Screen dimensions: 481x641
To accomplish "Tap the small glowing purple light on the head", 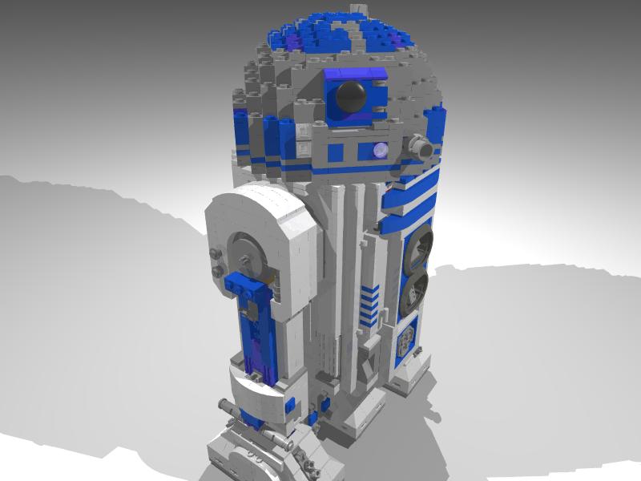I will coord(380,148).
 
